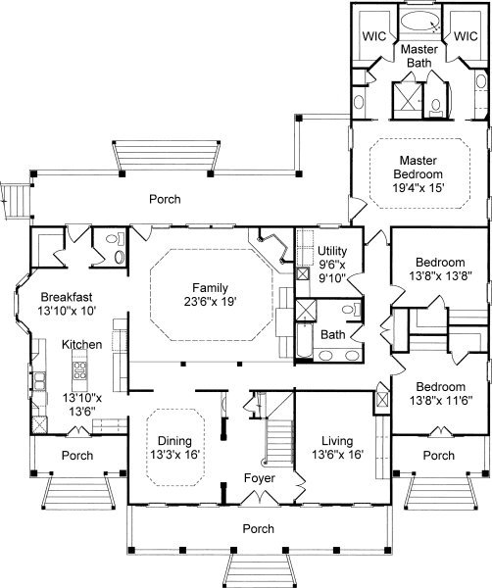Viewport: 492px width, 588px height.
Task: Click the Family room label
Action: pyautogui.click(x=210, y=288)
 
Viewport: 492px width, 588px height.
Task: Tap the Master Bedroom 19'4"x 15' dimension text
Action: pyautogui.click(x=418, y=187)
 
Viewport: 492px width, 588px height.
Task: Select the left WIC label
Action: pyautogui.click(x=374, y=36)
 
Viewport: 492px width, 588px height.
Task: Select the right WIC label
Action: pyautogui.click(x=467, y=36)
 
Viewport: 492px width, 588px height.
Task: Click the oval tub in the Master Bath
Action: pyautogui.click(x=420, y=21)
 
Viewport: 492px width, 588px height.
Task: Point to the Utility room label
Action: pyautogui.click(x=332, y=251)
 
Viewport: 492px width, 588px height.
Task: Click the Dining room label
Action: pyautogui.click(x=174, y=441)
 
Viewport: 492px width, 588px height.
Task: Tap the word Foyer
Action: pyautogui.click(x=260, y=478)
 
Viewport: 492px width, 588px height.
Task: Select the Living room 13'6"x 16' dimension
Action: pyautogui.click(x=338, y=455)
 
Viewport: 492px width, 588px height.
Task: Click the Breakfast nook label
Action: pyautogui.click(x=67, y=297)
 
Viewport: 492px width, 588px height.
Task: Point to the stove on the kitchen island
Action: pyautogui.click(x=79, y=370)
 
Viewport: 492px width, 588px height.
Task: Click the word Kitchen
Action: pyautogui.click(x=81, y=345)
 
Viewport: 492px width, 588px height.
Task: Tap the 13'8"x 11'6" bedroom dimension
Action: pyautogui.click(x=441, y=401)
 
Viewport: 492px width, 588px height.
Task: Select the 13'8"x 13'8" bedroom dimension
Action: pyautogui.click(x=440, y=276)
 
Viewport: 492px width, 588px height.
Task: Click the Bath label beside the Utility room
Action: pyautogui.click(x=333, y=334)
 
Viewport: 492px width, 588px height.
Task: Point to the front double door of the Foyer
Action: pyautogui.click(x=260, y=498)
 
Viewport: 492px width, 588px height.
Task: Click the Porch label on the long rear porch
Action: pyautogui.click(x=165, y=199)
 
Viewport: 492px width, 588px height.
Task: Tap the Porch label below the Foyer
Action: pyautogui.click(x=259, y=529)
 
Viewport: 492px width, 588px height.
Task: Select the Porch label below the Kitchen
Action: pyautogui.click(x=77, y=456)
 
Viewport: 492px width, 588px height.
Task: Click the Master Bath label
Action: pyautogui.click(x=419, y=56)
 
